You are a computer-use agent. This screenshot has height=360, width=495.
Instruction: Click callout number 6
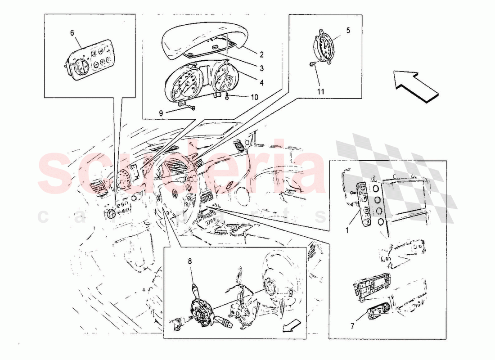click(72, 33)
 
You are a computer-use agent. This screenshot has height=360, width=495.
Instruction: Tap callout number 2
click(262, 54)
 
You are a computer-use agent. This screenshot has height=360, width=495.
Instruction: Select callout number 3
click(262, 68)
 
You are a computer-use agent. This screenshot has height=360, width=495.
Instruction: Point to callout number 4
click(262, 83)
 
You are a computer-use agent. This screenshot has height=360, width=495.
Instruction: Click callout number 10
click(254, 97)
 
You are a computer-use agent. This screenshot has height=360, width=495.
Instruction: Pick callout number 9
click(161, 113)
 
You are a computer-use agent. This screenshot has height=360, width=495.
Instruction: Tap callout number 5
click(348, 31)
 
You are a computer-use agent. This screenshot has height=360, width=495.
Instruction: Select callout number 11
click(321, 92)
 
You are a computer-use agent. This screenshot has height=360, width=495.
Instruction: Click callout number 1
click(347, 230)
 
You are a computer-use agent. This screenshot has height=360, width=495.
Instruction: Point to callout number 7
click(352, 326)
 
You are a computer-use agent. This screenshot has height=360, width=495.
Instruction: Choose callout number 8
click(190, 261)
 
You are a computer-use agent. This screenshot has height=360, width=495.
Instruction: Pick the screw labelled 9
click(192, 108)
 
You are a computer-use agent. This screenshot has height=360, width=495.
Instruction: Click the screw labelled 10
click(227, 97)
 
